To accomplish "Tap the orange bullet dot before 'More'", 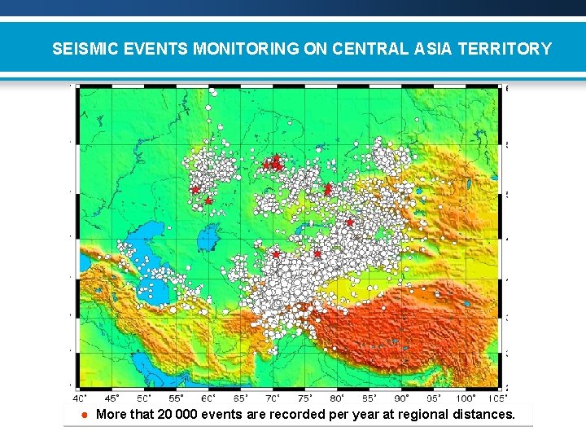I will click(x=84, y=415).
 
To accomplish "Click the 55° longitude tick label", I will click(x=176, y=398).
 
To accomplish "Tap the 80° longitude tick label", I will click(x=337, y=398).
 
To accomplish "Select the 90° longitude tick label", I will click(x=401, y=398).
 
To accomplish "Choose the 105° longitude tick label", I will click(x=496, y=398).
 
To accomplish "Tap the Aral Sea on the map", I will click(x=208, y=237).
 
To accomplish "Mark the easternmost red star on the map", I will click(x=349, y=222).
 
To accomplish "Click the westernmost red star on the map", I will click(x=195, y=189).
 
